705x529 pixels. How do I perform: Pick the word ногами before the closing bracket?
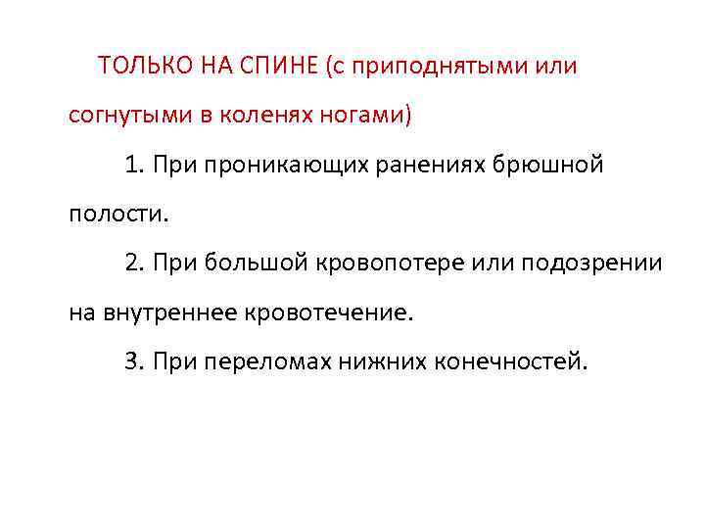tap(362, 117)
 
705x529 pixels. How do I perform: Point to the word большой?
tap(257, 264)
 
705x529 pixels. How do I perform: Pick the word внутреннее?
tap(171, 313)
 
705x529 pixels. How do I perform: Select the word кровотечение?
tap(334, 313)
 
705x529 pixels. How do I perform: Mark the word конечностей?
tap(514, 362)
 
